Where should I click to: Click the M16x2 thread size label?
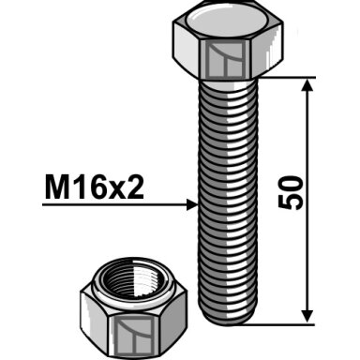pos(95,187)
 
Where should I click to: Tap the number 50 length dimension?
pos(291,192)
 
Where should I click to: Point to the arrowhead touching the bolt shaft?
pos(192,204)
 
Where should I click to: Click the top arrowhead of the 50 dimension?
pos(307,84)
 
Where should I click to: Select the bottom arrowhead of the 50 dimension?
pos(307,316)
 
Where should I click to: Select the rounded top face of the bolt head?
pos(228,20)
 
